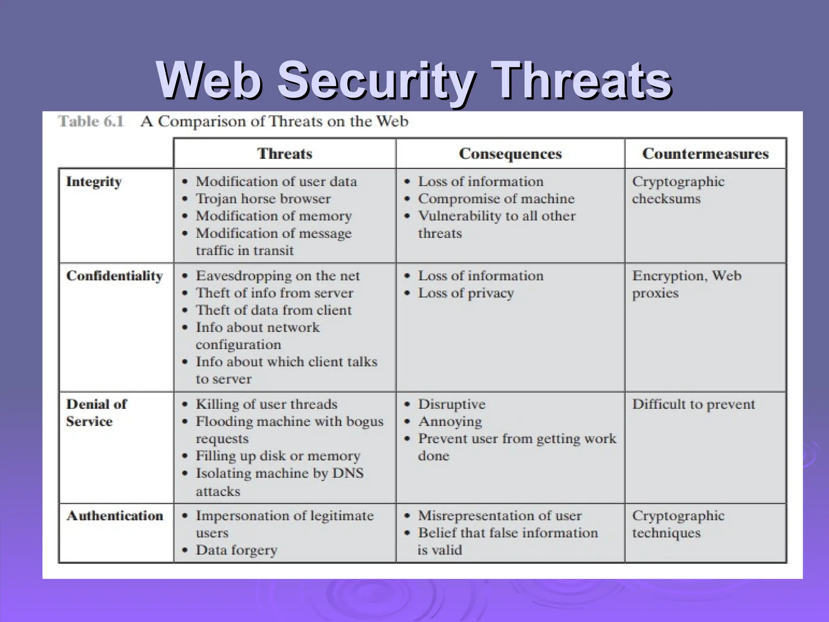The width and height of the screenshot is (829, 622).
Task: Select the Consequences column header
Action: [x=510, y=154]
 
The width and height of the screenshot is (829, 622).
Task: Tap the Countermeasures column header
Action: [x=705, y=154]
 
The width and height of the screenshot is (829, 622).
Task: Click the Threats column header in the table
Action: [x=285, y=154]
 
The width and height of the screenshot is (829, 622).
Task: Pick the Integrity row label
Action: [x=94, y=182]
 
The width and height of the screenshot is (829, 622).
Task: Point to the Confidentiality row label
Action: [x=115, y=276]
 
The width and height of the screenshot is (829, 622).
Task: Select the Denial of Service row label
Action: [x=96, y=413]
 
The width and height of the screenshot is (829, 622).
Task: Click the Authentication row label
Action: [x=115, y=516]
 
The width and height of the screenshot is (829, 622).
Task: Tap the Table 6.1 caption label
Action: [x=91, y=121]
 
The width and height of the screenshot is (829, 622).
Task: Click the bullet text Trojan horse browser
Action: [x=263, y=199]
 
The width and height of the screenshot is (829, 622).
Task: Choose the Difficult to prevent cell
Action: [x=693, y=404]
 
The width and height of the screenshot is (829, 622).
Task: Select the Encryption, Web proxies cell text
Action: [x=687, y=284]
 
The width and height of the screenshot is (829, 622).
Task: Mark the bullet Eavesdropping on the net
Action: [x=278, y=276]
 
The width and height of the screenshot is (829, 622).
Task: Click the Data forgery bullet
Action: [x=237, y=550]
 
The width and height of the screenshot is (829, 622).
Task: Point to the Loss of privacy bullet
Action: [x=466, y=293]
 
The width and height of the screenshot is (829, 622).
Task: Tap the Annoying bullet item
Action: [x=450, y=422]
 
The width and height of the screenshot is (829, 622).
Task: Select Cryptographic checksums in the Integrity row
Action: [x=678, y=190]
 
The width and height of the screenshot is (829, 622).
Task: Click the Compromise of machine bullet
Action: [x=496, y=199]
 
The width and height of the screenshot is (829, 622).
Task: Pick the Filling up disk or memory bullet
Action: [x=278, y=456]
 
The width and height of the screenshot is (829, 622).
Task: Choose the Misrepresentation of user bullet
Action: [x=500, y=516]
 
